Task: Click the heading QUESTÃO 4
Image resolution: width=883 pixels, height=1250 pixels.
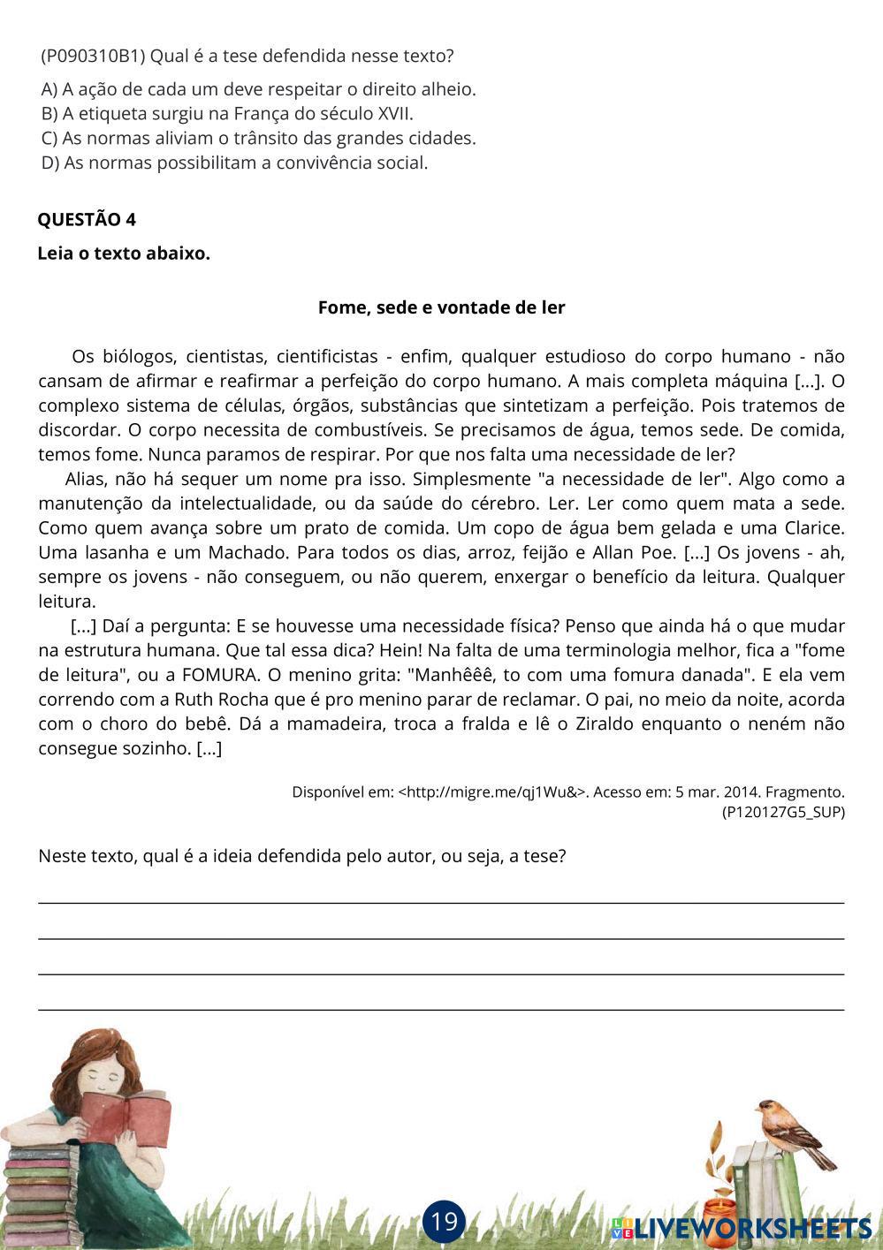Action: click(87, 220)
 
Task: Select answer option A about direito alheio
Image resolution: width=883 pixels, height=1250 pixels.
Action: click(258, 89)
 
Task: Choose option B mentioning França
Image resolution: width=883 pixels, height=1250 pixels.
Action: click(227, 114)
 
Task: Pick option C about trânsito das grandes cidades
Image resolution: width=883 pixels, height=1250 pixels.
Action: click(258, 139)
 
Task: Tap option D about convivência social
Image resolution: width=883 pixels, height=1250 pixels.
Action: click(234, 163)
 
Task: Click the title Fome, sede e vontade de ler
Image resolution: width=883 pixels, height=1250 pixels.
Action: click(441, 307)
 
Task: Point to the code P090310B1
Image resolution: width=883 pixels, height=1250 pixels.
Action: click(92, 57)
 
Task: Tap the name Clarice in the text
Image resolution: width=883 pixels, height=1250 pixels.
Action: click(814, 528)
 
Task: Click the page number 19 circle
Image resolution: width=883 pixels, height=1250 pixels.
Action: click(444, 1221)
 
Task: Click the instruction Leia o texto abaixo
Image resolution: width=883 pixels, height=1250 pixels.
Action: click(124, 254)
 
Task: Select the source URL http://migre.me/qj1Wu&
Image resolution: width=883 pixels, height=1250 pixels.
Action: click(492, 792)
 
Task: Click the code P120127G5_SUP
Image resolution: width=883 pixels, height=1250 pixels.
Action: click(783, 812)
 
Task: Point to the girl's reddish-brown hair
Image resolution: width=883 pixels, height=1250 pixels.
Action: click(88, 1051)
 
